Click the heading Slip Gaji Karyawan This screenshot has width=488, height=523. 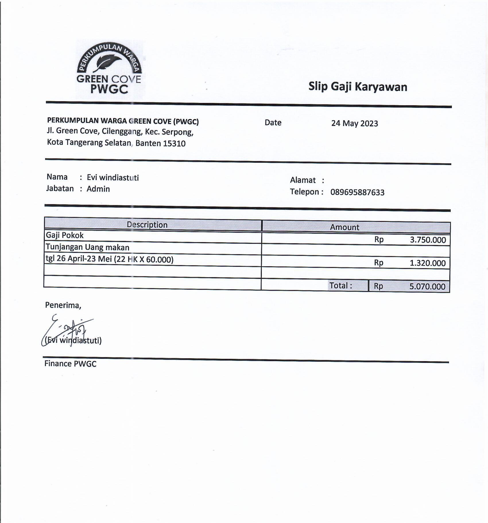pyautogui.click(x=358, y=87)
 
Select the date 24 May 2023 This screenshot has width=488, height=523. pyautogui.click(x=355, y=123)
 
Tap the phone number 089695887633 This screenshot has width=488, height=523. pyautogui.click(x=357, y=192)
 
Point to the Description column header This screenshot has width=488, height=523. pyautogui.click(x=147, y=225)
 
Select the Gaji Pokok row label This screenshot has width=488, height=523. pyautogui.click(x=65, y=235)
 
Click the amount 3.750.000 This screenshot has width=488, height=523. pyautogui.click(x=428, y=240)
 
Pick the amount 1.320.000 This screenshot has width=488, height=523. pyautogui.click(x=427, y=263)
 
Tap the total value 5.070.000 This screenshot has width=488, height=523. pyautogui.click(x=427, y=287)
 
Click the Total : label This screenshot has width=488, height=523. pyautogui.click(x=340, y=286)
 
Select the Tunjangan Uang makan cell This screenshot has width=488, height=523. pyautogui.click(x=88, y=248)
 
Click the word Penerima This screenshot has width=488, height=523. pyautogui.click(x=63, y=305)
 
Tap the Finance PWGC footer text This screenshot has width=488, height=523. pyautogui.click(x=70, y=364)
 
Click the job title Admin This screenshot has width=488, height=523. pyautogui.click(x=98, y=189)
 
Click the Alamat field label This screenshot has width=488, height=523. pyautogui.click(x=303, y=180)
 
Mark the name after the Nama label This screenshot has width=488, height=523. pyautogui.click(x=113, y=178)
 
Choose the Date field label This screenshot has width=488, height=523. pyautogui.click(x=273, y=123)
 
